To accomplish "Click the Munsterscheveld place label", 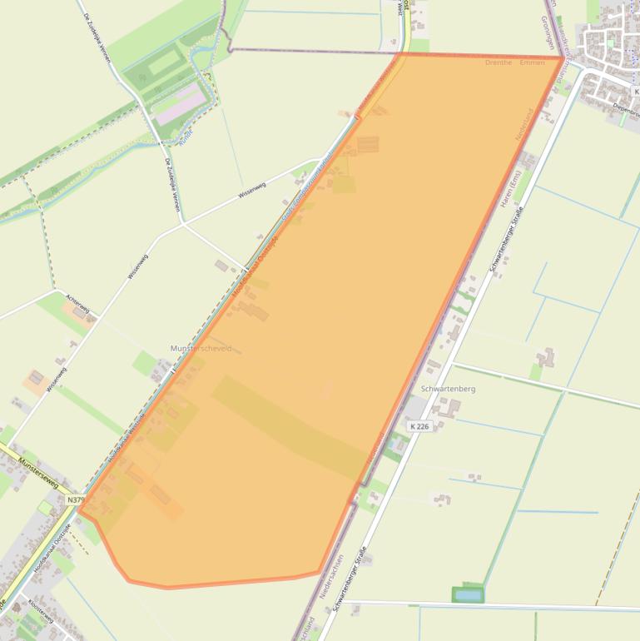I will click(x=201, y=349).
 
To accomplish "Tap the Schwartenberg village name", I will click(x=449, y=389).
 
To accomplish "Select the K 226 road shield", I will click(x=419, y=426).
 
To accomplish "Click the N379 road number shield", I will click(x=76, y=500).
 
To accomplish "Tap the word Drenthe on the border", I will click(x=499, y=62).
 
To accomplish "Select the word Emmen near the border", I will click(x=532, y=62).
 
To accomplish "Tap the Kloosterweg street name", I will click(x=41, y=617).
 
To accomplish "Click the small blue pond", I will click(x=468, y=594).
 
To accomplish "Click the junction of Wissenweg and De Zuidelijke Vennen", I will click(x=181, y=223).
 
